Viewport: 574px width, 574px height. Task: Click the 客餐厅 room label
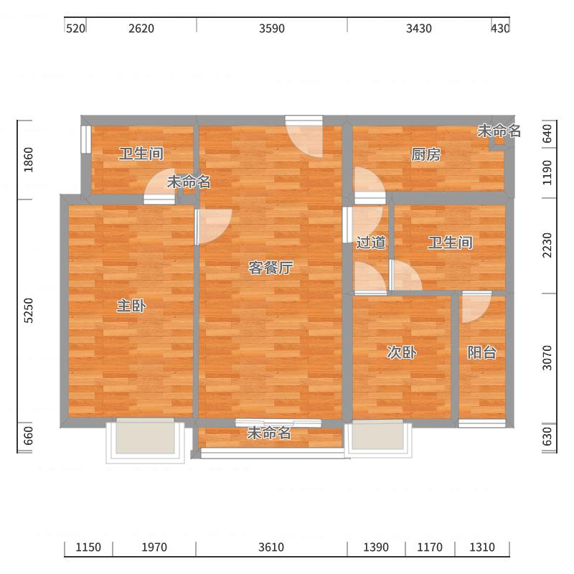click(x=270, y=268)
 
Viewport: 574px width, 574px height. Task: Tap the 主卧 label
click(x=131, y=306)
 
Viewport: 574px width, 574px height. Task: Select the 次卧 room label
click(x=402, y=352)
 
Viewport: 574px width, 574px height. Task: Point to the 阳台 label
click(x=481, y=352)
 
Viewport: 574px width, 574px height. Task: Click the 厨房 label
click(x=425, y=154)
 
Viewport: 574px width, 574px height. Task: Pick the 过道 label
click(x=371, y=243)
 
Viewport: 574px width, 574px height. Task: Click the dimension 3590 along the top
click(x=272, y=29)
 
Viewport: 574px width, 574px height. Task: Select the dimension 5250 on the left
click(x=28, y=311)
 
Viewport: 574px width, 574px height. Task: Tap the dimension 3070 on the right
click(x=547, y=358)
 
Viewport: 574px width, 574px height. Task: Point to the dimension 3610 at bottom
click(x=271, y=547)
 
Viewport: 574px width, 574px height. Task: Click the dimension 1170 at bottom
click(x=430, y=547)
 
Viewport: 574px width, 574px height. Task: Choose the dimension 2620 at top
click(x=141, y=29)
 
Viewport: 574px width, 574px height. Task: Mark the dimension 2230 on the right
click(x=547, y=245)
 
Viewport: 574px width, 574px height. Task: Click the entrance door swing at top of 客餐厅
click(x=304, y=136)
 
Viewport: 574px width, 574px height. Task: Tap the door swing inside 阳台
click(x=476, y=307)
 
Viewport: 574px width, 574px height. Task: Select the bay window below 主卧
click(x=146, y=441)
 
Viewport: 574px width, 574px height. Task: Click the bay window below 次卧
click(x=378, y=438)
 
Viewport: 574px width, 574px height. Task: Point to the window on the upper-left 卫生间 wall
click(x=85, y=139)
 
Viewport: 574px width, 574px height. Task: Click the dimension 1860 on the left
click(x=28, y=160)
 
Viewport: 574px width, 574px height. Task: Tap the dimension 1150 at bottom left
click(x=88, y=547)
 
